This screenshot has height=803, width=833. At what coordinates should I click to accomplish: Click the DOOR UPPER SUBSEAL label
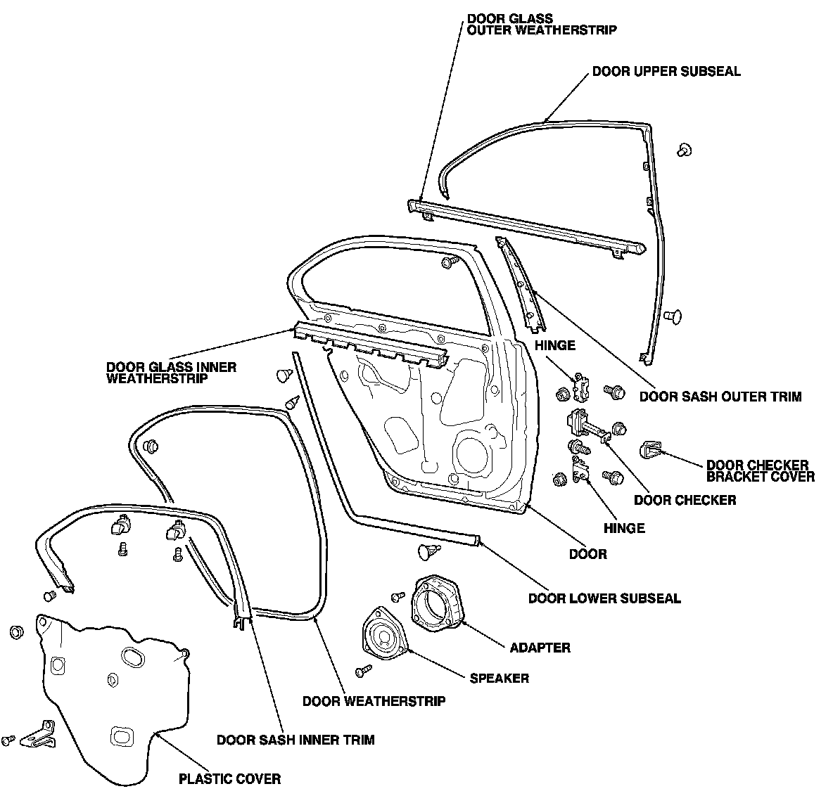coord(666,72)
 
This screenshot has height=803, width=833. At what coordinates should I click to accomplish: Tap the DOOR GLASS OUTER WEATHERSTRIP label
coord(541,24)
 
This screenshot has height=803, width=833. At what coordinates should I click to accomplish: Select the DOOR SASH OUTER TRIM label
coord(720,397)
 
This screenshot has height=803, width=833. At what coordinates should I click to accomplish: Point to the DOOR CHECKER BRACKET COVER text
coord(760,471)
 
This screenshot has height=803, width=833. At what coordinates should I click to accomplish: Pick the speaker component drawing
coord(382,635)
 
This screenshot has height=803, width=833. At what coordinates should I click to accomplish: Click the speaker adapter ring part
coord(437,602)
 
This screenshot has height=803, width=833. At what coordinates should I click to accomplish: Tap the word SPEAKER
coord(499,679)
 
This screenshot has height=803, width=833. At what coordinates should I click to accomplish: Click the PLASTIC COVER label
coord(229,778)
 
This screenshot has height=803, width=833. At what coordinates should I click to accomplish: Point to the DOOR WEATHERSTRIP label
coord(374,701)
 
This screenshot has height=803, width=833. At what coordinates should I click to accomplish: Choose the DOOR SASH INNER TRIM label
coord(295,740)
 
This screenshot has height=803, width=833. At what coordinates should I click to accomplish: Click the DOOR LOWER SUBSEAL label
coord(604,599)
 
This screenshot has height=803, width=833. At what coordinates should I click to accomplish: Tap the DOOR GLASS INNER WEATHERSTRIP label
coord(171,373)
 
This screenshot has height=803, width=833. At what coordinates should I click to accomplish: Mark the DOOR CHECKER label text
coord(685,500)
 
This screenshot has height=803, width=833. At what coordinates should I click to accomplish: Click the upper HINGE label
coord(554,345)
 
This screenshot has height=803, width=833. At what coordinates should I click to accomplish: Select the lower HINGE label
coord(624,528)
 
